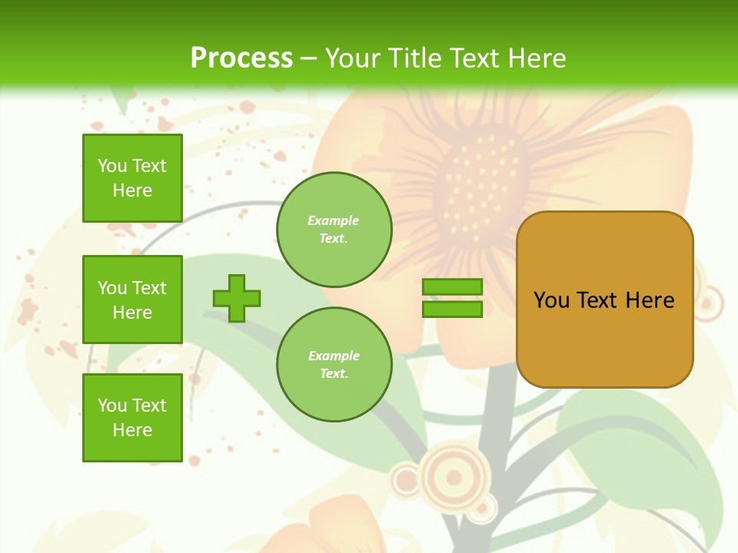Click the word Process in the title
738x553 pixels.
point(241,58)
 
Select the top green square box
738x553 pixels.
point(132,178)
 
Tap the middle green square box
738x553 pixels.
point(132,300)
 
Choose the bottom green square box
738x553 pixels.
point(132,418)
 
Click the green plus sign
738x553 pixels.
point(237,298)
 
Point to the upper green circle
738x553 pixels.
point(334,230)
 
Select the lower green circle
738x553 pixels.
point(334,365)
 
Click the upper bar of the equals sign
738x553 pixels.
point(452,287)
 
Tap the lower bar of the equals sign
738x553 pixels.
point(452,310)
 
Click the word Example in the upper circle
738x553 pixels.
point(334,220)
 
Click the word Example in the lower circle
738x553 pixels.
point(334,356)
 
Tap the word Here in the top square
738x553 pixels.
point(132,190)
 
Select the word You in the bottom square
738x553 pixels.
point(112,406)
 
